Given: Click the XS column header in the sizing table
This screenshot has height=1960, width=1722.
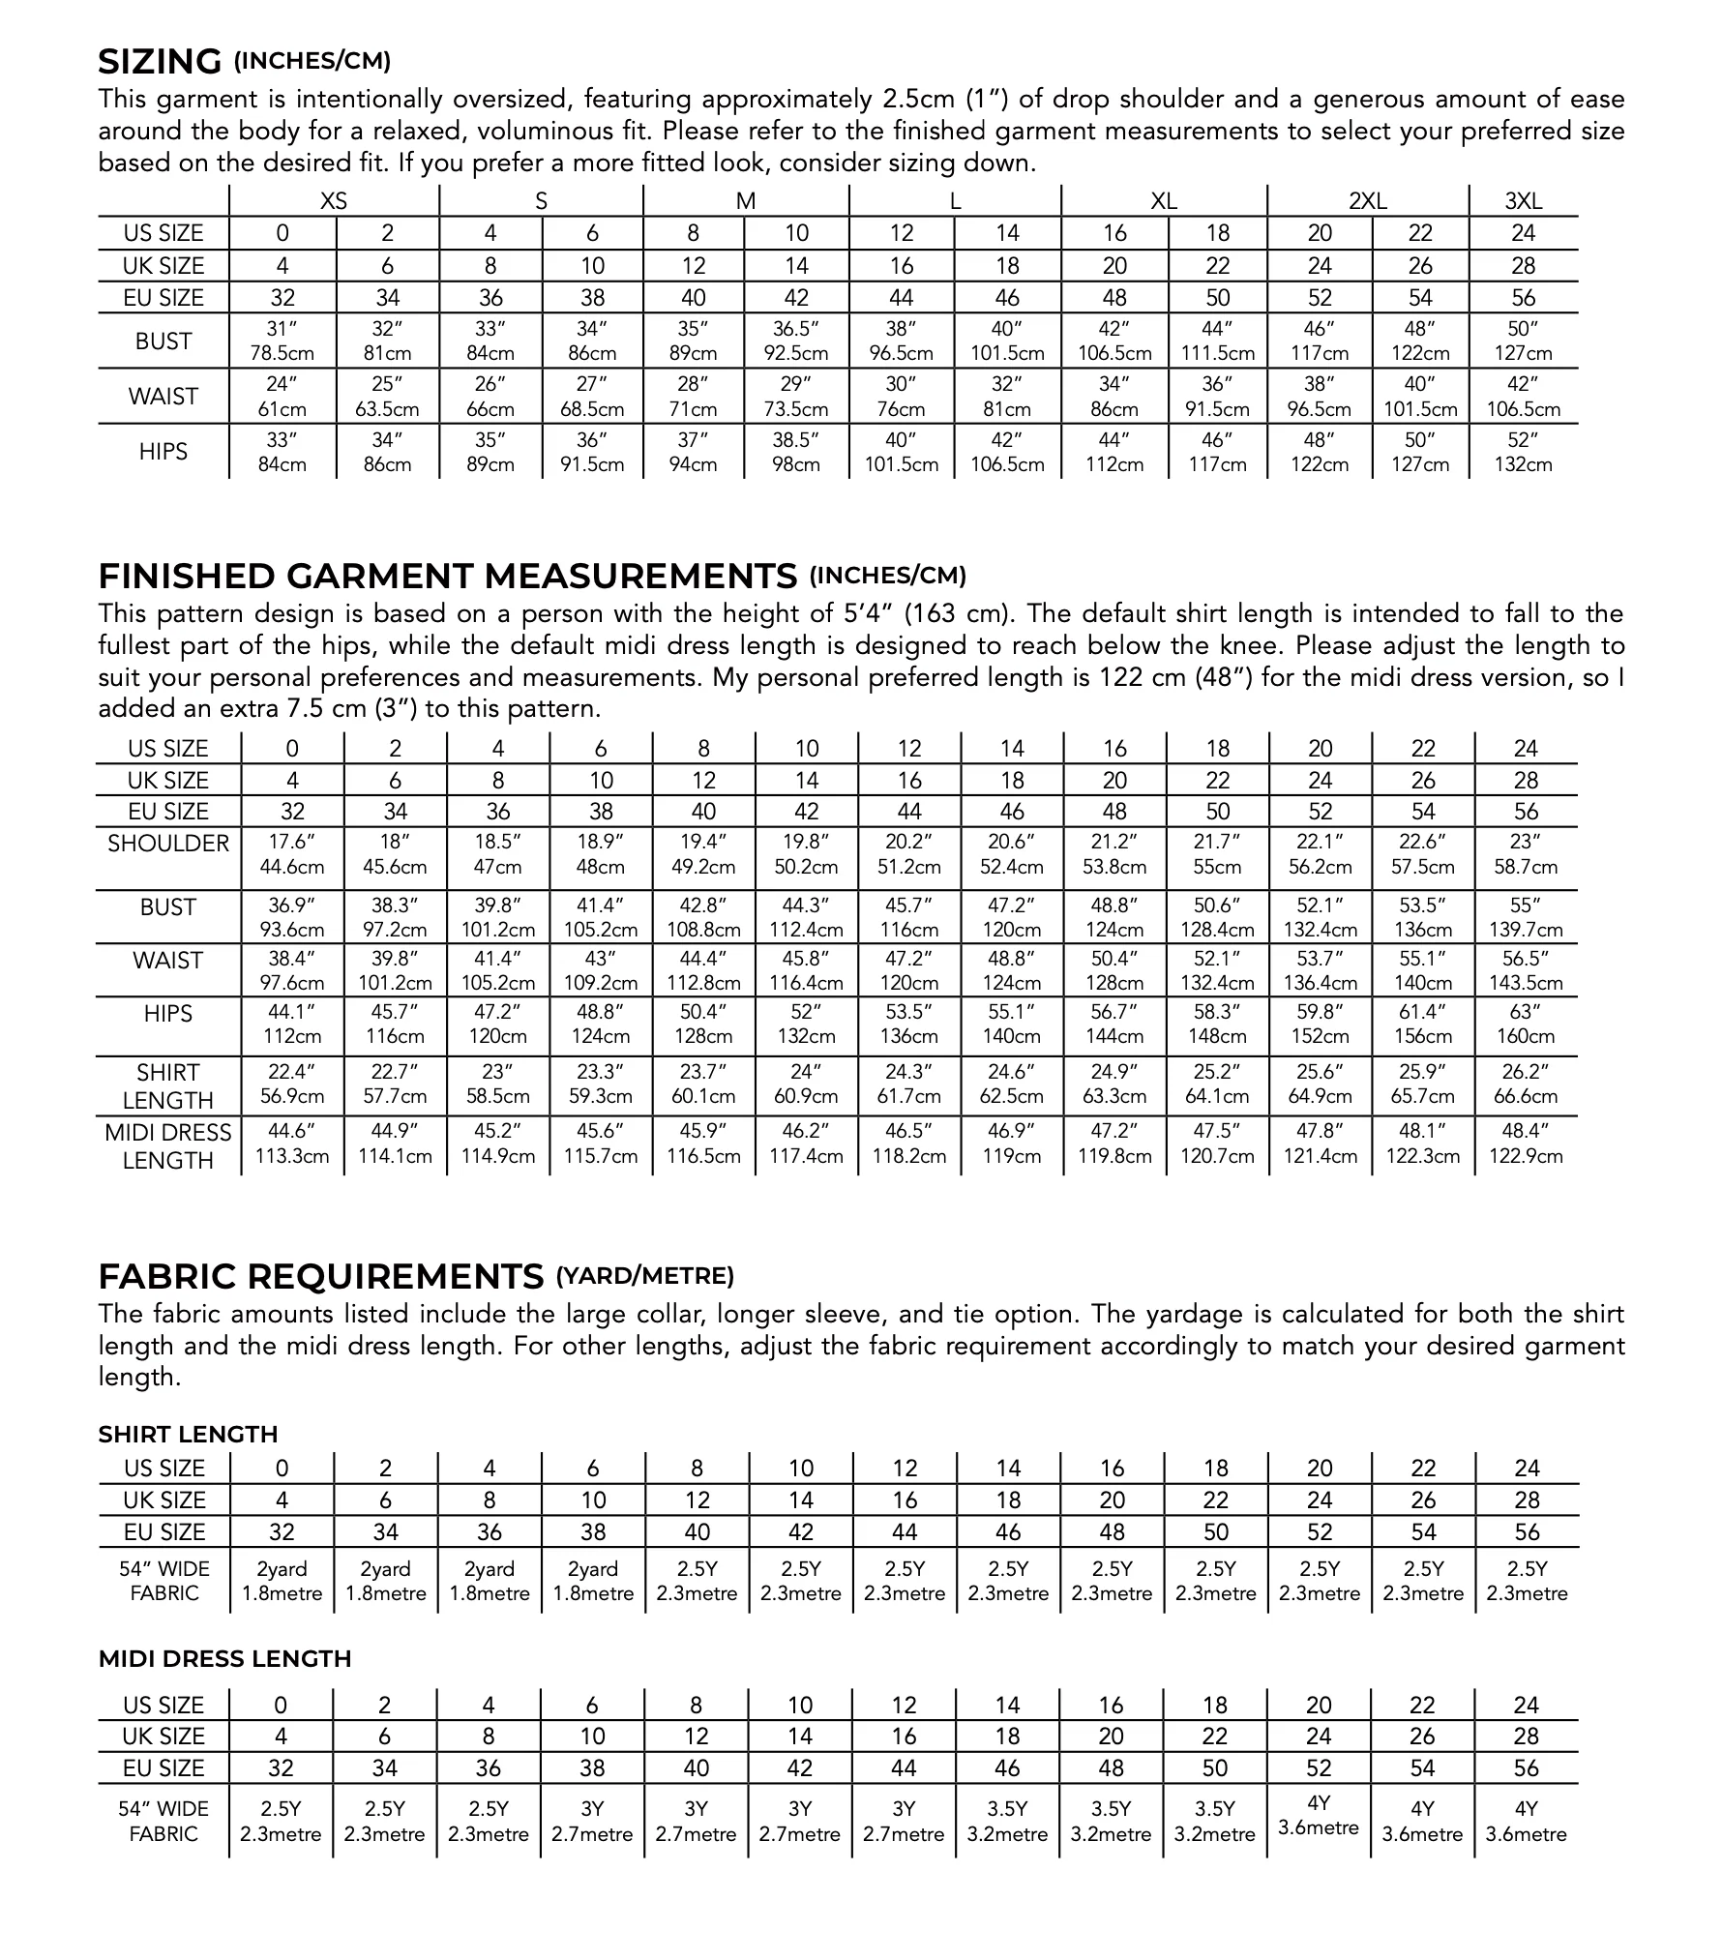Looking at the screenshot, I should tap(334, 201).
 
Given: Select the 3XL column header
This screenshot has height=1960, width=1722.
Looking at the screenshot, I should tap(1523, 201).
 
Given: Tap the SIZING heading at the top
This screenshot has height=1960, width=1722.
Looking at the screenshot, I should tap(160, 62).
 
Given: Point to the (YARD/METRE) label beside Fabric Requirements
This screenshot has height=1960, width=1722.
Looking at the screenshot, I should tap(644, 1276).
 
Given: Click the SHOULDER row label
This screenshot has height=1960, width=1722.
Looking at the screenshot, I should tap(168, 844).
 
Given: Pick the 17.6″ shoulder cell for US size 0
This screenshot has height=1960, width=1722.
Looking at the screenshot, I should tap(291, 854).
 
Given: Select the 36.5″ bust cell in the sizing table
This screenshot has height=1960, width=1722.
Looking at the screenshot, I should tap(796, 341).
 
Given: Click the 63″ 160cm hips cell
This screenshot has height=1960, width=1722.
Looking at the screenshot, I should tap(1525, 1025).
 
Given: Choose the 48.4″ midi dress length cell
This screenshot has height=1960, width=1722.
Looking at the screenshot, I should tap(1525, 1143).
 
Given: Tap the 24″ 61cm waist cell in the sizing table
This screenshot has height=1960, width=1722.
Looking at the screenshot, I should tap(282, 397).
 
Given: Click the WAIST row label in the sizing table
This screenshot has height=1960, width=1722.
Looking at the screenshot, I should tap(163, 397).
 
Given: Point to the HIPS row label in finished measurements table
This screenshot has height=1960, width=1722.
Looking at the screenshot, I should tap(168, 1014).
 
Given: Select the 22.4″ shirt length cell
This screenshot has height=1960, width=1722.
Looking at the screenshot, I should tap(291, 1084).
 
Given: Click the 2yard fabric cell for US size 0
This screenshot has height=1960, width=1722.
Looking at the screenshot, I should tap(282, 1581).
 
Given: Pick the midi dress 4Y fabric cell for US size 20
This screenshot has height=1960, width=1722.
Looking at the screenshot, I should tap(1319, 1815).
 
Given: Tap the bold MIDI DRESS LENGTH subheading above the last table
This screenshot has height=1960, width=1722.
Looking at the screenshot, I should tap(224, 1659).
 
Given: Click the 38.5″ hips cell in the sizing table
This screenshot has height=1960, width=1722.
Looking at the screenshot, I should tap(796, 452).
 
